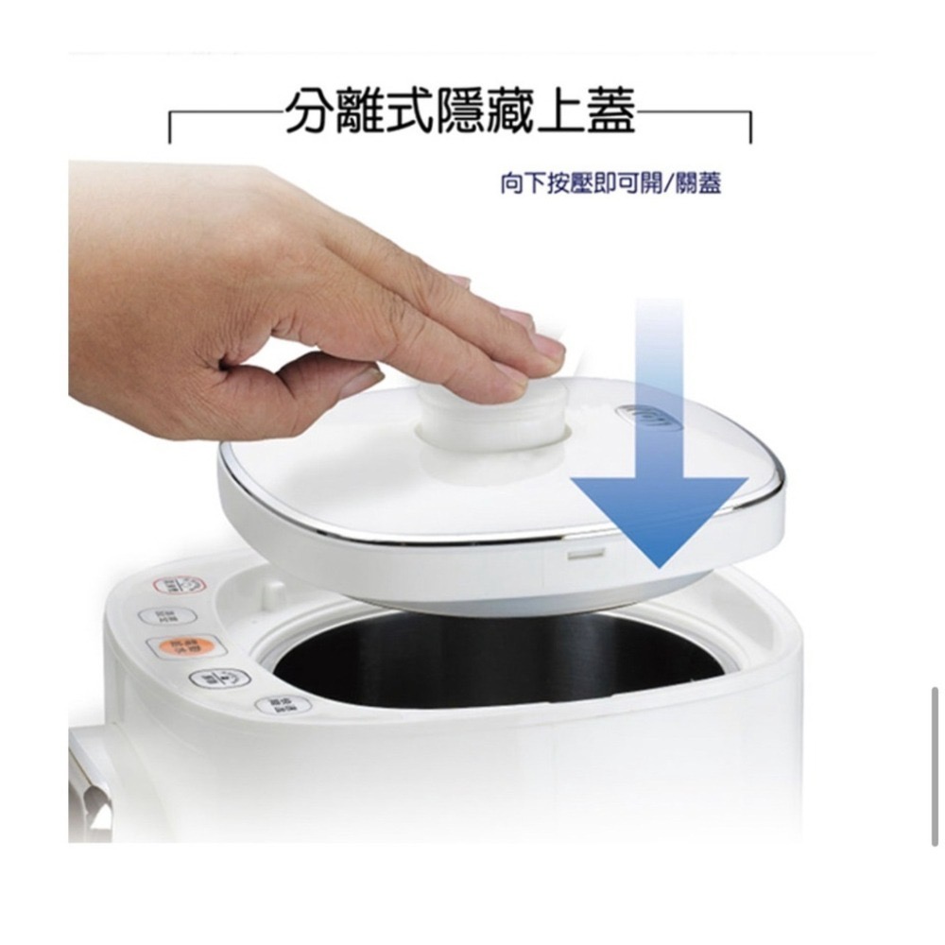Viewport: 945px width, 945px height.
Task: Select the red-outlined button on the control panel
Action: coord(179,586)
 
